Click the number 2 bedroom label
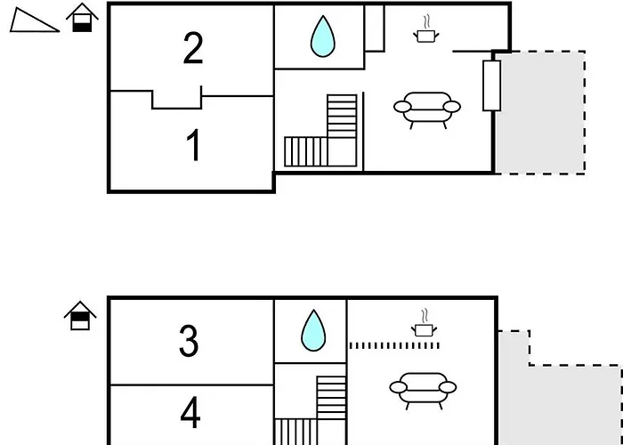193,49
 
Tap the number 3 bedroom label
189,341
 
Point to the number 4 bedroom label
190,413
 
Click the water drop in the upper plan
320,37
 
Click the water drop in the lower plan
313,330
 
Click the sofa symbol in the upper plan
427,109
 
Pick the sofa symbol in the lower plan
424,387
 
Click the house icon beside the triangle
82,18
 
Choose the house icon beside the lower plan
81,315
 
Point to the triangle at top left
34,21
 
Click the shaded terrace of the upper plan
540,112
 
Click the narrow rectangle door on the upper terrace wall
491,85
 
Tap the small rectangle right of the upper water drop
374,28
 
